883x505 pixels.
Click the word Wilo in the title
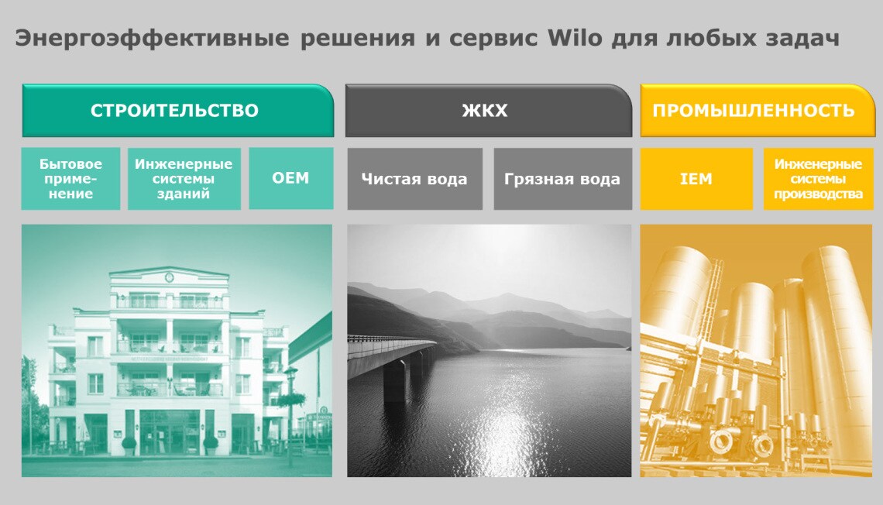pos(575,38)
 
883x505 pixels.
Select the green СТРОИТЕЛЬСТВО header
pos(178,110)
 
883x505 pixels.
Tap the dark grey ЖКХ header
pos(488,110)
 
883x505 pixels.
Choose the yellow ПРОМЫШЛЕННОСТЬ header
pos(758,110)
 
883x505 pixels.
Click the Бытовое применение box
pos(70,178)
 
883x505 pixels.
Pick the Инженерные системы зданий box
pos(184,178)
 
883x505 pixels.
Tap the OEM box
pos(290,178)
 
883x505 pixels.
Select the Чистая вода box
pos(414,179)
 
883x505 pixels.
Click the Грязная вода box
pos(562,179)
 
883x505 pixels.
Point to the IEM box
pos(696,179)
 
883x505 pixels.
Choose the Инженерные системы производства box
pos(818,179)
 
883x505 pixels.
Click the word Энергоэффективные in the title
pos(152,39)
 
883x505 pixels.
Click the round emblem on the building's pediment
pos(169,277)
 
